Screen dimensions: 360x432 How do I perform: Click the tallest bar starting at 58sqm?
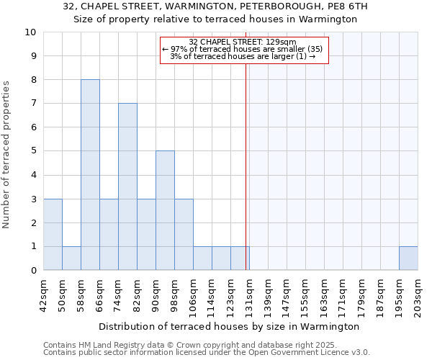pos(90,175)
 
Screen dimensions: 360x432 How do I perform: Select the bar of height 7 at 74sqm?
pos(127,186)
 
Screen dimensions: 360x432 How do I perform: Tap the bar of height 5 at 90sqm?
pos(165,210)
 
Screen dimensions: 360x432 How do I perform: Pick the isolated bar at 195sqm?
pos(408,258)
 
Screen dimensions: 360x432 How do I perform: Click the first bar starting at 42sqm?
pos(53,234)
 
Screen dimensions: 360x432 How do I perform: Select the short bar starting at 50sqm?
pos(71,258)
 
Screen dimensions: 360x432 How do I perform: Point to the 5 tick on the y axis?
pos(33,151)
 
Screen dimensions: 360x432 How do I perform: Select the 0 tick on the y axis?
pos(33,270)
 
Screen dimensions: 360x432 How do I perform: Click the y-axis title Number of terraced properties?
pos(7,155)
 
